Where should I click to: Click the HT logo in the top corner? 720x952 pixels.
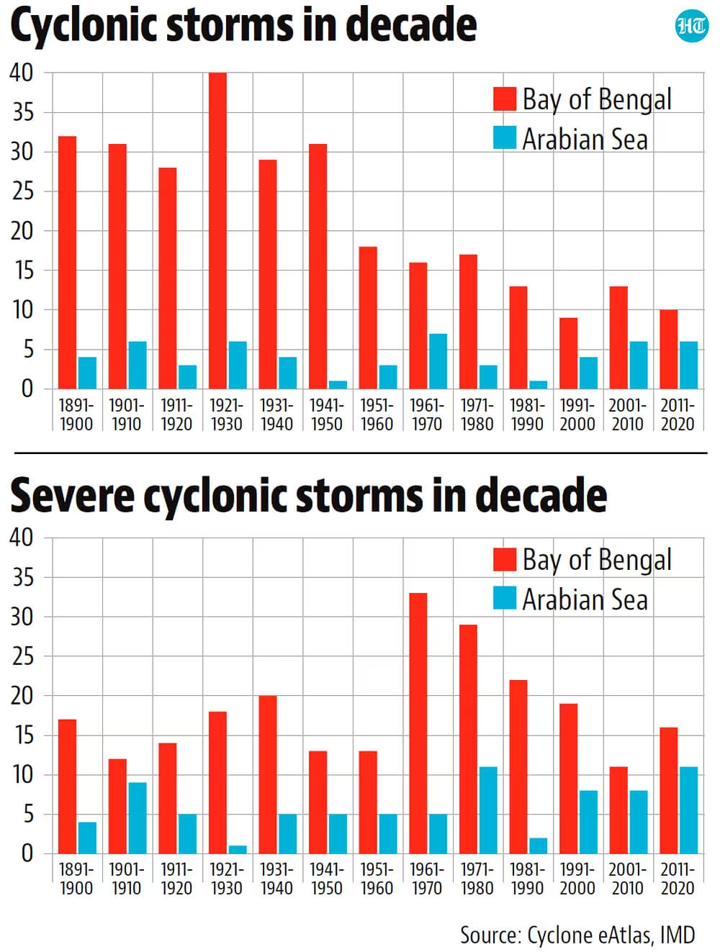pos(692,26)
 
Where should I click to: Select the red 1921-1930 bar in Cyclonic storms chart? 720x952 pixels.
pos(217,230)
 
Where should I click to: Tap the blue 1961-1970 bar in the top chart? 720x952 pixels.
pos(438,361)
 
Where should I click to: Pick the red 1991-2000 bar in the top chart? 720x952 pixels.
pos(568,353)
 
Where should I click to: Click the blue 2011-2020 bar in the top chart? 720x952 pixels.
pos(688,365)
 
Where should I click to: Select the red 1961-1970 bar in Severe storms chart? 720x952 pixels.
pos(418,723)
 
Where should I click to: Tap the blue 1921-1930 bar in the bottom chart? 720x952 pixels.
pos(238,849)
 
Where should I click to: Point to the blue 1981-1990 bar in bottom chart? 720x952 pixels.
pos(538,846)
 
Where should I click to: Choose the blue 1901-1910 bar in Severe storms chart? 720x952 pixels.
pos(138,818)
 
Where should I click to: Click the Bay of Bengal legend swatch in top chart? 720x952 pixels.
pos(504,99)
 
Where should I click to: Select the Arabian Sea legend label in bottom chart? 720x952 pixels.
pos(585,599)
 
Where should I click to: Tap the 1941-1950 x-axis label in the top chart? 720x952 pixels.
pos(326,414)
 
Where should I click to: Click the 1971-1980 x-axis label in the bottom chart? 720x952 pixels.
pos(477,879)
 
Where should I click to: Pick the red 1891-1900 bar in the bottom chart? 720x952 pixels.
pos(67,786)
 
